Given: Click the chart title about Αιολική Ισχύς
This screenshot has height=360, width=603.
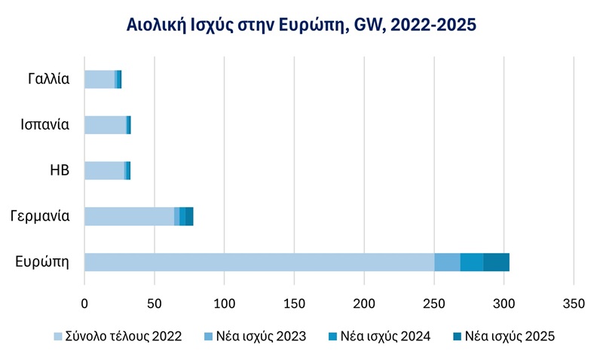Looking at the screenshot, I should coord(301,26).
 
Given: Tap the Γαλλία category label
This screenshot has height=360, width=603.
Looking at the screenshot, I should coord(46,79).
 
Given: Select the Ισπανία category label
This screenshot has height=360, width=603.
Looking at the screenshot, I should coord(45,125).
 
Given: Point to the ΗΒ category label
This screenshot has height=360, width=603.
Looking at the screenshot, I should coord(59,170).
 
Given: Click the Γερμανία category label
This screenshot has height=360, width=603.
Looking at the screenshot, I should coord(41,216).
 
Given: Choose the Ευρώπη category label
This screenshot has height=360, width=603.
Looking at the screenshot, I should coord(43,262).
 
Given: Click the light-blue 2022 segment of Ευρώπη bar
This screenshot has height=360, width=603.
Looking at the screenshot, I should coord(259,262).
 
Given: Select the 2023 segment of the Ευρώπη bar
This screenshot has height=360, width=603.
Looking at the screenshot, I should coord(447,262).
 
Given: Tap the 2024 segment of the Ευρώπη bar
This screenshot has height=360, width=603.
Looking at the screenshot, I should coord(472,262).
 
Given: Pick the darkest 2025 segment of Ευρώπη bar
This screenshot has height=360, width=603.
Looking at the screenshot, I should coord(496,262).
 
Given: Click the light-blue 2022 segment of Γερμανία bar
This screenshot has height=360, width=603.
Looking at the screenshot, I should coord(129,216).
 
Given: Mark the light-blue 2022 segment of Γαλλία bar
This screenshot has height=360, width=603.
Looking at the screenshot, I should coord(99,79).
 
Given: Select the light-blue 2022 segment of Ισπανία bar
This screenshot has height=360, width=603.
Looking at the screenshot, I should coord(105,125).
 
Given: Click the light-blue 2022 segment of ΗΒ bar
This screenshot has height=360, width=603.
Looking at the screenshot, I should coord(104,170).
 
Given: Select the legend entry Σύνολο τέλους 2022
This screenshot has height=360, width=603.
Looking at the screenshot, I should coord(118,337).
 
